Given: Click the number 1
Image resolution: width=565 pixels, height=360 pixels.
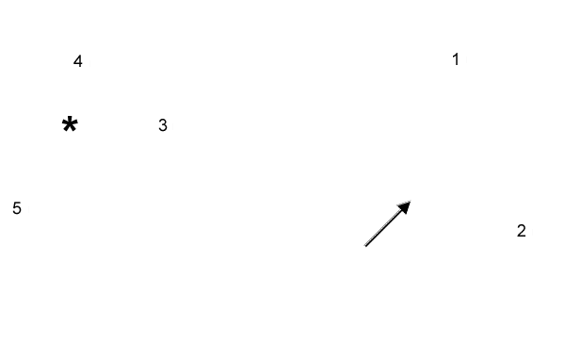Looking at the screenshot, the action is pyautogui.click(x=456, y=59).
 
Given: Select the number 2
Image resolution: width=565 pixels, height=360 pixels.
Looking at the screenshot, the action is pyautogui.click(x=521, y=231).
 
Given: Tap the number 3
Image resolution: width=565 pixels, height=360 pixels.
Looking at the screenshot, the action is pyautogui.click(x=163, y=125).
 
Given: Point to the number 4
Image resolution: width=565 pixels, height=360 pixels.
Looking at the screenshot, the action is pyautogui.click(x=78, y=62).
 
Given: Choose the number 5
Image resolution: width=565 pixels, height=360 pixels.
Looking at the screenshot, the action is pyautogui.click(x=17, y=208).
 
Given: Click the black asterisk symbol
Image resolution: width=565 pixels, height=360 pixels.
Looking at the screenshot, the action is pyautogui.click(x=70, y=124).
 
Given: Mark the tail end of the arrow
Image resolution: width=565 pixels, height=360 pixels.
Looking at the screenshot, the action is pyautogui.click(x=365, y=246).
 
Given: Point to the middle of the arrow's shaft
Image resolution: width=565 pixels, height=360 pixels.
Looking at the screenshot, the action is pyautogui.click(x=386, y=225).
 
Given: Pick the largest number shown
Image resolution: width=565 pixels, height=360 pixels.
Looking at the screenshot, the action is pyautogui.click(x=17, y=208).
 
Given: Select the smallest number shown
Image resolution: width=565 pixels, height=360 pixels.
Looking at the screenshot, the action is pyautogui.click(x=456, y=59).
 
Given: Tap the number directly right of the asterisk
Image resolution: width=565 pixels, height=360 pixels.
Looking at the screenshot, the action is pyautogui.click(x=163, y=125).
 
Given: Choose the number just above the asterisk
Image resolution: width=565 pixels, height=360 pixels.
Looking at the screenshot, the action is pyautogui.click(x=78, y=62).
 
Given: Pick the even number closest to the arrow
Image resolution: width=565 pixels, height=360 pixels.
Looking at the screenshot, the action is pyautogui.click(x=521, y=231).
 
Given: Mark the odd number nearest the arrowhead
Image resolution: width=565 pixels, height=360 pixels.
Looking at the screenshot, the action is pyautogui.click(x=456, y=59).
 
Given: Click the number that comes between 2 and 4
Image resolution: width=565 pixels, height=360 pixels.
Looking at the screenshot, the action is pyautogui.click(x=163, y=125).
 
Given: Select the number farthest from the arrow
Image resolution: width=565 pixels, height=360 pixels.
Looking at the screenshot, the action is pyautogui.click(x=17, y=208).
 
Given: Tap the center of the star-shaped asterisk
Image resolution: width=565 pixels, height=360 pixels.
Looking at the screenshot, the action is pyautogui.click(x=70, y=124).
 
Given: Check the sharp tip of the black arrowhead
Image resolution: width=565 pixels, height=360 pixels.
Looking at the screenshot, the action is pyautogui.click(x=411, y=202).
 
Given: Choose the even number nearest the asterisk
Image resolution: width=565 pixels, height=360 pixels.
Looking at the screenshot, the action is pyautogui.click(x=78, y=62).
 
